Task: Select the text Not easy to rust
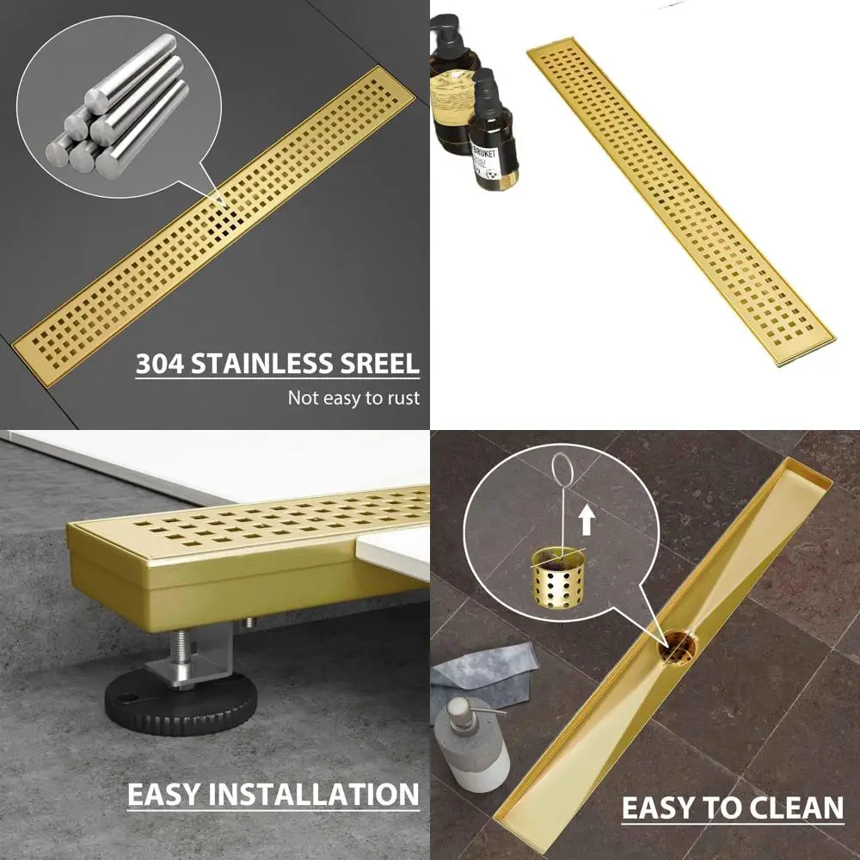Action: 353,397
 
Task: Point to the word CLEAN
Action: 796,808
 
